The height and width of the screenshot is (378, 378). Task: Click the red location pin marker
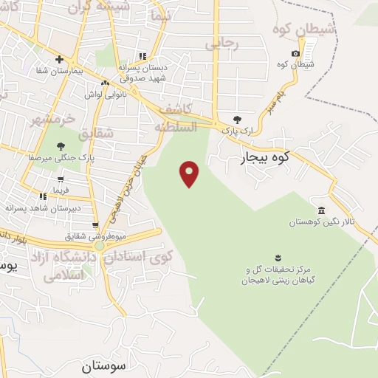pos(190,173)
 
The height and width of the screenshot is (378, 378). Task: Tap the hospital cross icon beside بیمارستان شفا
pos(59,60)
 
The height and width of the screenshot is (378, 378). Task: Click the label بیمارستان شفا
pos(59,72)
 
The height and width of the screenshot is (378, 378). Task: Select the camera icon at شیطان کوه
pos(296,53)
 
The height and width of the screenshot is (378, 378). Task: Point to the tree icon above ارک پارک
pos(236,119)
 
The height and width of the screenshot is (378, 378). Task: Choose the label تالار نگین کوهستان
pos(321,221)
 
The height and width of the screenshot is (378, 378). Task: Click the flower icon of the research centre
pos(278,258)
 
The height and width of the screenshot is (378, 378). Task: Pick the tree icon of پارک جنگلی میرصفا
pos(60,145)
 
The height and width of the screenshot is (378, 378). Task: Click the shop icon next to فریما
pos(60,179)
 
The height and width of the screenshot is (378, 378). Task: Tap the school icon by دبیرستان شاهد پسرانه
pos(44,196)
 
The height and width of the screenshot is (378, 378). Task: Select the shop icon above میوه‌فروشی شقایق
pos(95,225)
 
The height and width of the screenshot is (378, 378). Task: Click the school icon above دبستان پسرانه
pos(143,55)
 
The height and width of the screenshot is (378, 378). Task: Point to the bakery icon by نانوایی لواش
pos(106,83)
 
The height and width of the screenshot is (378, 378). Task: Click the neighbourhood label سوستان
pos(104,365)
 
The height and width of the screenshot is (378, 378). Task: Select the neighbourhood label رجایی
pos(222,44)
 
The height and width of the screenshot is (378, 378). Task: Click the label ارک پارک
pos(236,130)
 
